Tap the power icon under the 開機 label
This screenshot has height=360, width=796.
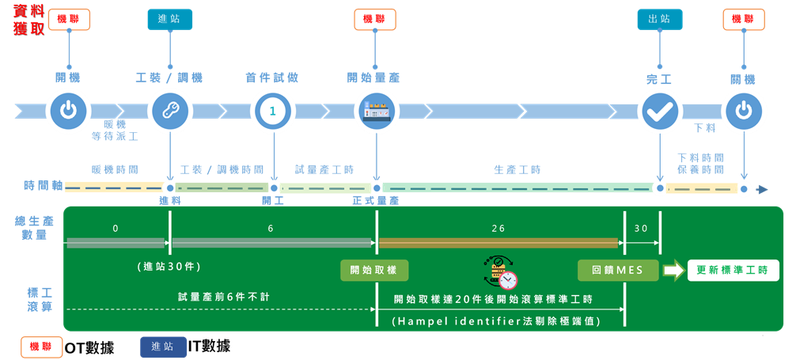click(69, 111)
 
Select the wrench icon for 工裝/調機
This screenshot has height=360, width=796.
click(169, 111)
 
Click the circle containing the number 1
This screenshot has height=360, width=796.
click(273, 111)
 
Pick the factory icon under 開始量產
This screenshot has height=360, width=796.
click(377, 111)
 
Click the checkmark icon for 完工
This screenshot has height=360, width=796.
click(659, 111)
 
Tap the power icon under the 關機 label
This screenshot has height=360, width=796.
click(743, 111)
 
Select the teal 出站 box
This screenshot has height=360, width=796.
click(659, 19)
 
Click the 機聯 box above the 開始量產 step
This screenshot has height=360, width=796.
click(375, 19)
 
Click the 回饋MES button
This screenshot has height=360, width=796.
click(617, 270)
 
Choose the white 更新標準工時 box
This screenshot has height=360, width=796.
click(733, 271)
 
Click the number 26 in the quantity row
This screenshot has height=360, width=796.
click(498, 228)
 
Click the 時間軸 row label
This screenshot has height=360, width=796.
click(41, 185)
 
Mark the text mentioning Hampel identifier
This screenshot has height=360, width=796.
click(496, 320)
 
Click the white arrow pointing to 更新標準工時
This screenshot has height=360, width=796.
click(673, 271)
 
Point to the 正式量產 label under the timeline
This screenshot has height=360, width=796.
click(376, 201)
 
